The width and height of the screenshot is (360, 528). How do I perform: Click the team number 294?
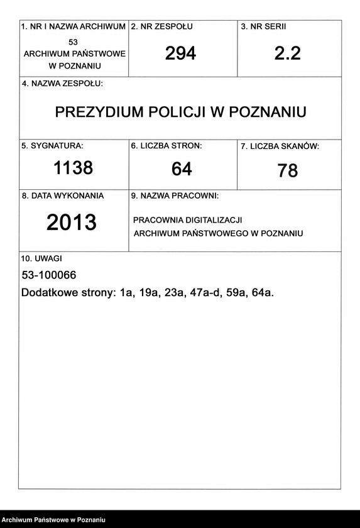coord(181,54)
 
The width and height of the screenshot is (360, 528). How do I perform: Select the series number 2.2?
coord(288,54)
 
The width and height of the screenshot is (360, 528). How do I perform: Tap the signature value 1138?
coord(73,168)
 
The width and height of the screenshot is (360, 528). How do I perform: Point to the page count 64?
coord(182,169)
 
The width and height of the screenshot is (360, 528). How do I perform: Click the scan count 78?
coord(288,170)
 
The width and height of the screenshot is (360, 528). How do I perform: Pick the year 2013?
coord(72,223)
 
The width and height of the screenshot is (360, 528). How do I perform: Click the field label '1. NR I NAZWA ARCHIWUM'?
coord(74,27)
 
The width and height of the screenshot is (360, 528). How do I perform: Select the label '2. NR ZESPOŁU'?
coord(161,27)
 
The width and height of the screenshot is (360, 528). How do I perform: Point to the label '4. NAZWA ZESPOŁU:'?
coord(62,84)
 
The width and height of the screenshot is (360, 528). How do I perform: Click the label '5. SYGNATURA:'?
coord(52,146)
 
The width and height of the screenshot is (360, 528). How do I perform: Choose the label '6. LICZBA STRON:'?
coord(166,146)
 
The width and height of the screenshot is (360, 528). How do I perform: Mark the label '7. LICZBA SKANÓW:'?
coord(280,146)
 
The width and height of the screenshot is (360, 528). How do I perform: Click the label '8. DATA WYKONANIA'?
coord(63,195)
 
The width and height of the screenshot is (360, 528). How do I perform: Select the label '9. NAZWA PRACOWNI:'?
coord(174,196)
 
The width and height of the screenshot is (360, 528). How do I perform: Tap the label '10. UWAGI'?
coord(41,258)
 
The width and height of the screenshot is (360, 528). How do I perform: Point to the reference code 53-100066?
coord(49,275)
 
